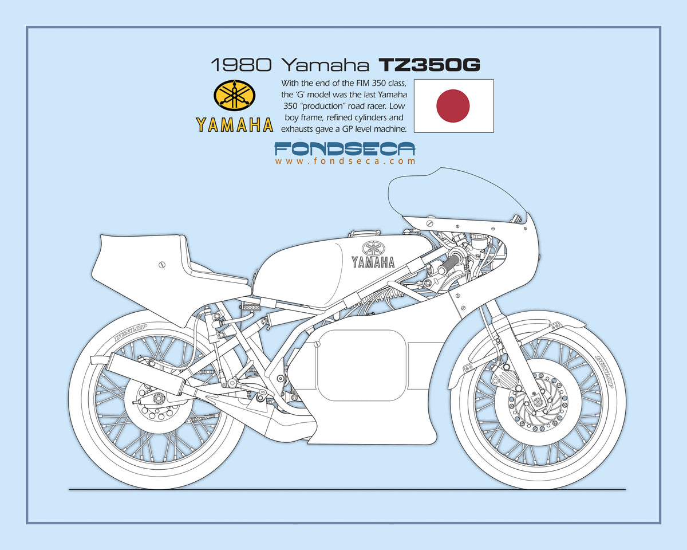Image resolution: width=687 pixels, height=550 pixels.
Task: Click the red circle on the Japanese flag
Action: click(453, 106)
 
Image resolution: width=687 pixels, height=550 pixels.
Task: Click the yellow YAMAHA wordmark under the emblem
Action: click(234, 125)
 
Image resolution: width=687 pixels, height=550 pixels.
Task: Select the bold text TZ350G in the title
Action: click(429, 65)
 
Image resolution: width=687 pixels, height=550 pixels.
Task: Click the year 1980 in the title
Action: click(242, 65)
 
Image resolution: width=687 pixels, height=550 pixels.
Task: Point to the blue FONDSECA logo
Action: click(345, 149)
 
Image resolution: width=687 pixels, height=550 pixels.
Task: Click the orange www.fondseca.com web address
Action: click(345, 161)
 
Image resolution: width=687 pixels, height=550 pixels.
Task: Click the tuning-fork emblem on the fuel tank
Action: click(373, 248)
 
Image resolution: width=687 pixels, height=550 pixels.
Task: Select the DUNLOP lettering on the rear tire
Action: click(131, 333)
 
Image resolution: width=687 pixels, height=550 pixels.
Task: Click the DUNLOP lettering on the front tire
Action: click(605, 372)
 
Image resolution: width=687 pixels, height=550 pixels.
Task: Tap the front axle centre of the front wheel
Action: click(538, 402)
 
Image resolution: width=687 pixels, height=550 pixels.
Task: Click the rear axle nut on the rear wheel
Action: click(157, 398)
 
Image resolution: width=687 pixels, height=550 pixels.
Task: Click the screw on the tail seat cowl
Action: click(162, 265)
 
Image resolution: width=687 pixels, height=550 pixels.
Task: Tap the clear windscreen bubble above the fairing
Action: click(456, 198)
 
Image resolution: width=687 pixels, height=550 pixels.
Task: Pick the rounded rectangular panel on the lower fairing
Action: click(362, 366)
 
